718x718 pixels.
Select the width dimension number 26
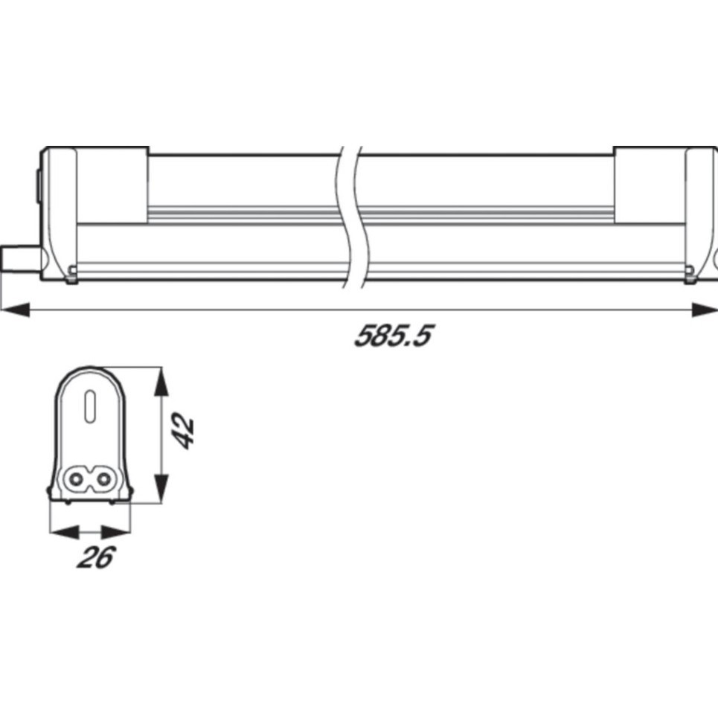(x=96, y=557)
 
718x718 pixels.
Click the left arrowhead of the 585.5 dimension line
(x=16, y=309)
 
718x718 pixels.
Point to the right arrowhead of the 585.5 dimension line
(x=705, y=309)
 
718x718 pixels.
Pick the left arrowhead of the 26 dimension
(x=64, y=532)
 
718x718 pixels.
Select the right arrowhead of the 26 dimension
(x=116, y=532)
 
